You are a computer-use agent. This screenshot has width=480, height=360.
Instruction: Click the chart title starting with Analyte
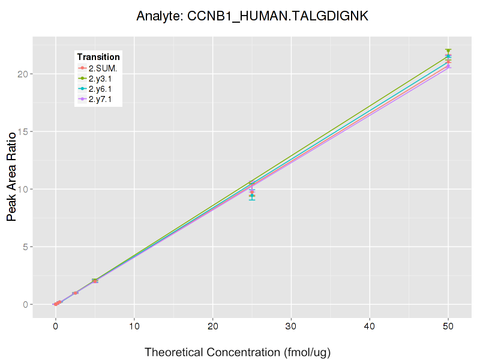[x=252, y=16]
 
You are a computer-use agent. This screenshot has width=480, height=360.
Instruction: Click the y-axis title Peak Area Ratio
[x=11, y=177]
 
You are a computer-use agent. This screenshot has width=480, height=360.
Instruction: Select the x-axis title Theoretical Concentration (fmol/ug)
[x=238, y=352]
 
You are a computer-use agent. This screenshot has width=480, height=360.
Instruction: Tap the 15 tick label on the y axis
[x=22, y=131]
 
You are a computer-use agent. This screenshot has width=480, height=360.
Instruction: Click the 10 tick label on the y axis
[x=22, y=189]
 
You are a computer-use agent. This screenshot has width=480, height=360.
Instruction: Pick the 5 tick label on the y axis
[x=25, y=247]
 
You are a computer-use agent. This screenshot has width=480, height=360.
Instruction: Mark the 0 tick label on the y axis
[x=25, y=304]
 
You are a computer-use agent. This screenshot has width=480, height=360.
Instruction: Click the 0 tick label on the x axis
[x=55, y=327]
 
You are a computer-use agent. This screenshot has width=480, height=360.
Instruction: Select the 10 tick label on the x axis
[x=134, y=327]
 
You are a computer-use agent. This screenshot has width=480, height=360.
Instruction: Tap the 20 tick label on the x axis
[x=212, y=327]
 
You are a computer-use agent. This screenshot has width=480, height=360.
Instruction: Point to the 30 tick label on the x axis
[x=291, y=327]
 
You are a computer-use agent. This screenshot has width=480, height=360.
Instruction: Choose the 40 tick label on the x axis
[x=370, y=327]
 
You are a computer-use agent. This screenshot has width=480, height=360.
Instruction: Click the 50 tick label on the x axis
[x=448, y=327]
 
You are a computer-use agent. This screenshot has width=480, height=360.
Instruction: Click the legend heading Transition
[x=98, y=57]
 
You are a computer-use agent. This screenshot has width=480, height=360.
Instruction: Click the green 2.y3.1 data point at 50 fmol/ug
[x=448, y=52]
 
